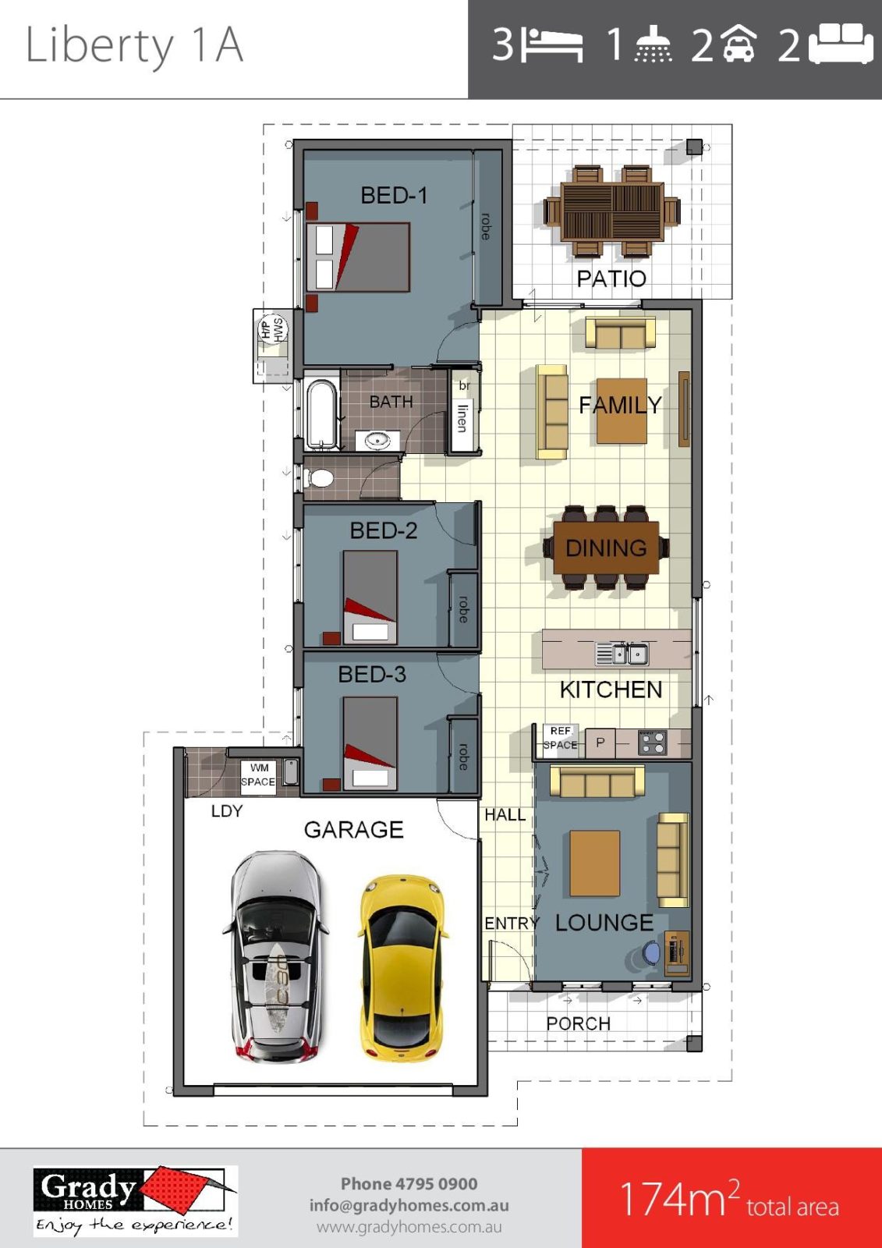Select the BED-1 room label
[x=394, y=196]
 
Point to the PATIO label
[x=611, y=278]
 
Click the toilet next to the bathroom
[x=319, y=477]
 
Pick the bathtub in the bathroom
[x=321, y=413]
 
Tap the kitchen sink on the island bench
[x=622, y=654]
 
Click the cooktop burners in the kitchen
[x=652, y=743]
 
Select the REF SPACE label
[x=560, y=738]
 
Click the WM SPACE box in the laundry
[x=258, y=775]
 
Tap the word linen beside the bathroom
[x=462, y=418]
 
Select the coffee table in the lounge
[x=594, y=863]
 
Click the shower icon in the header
[x=654, y=44]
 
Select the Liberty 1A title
[x=134, y=46]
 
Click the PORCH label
[x=578, y=1023]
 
